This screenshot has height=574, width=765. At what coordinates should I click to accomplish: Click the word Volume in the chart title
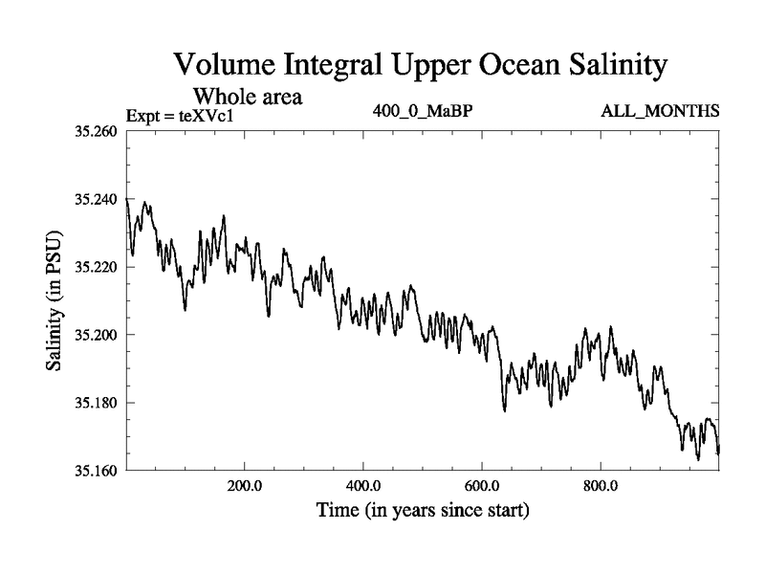point(227,66)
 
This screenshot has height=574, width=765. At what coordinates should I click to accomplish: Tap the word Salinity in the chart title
point(604,66)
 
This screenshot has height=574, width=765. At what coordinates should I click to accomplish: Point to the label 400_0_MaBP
point(423,112)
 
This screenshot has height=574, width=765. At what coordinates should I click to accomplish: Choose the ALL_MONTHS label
point(659,112)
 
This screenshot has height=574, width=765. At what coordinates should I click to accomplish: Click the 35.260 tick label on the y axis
point(96,131)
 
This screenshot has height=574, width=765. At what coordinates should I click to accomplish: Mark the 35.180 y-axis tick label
point(96,403)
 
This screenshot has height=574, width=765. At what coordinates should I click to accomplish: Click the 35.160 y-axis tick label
point(96,471)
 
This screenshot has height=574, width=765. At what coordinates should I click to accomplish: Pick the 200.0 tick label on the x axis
point(245,485)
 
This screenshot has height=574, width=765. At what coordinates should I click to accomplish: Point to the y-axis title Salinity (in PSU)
point(55,300)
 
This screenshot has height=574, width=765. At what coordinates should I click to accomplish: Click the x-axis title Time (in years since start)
point(423,511)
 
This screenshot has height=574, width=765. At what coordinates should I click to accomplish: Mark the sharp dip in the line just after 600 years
point(504,409)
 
